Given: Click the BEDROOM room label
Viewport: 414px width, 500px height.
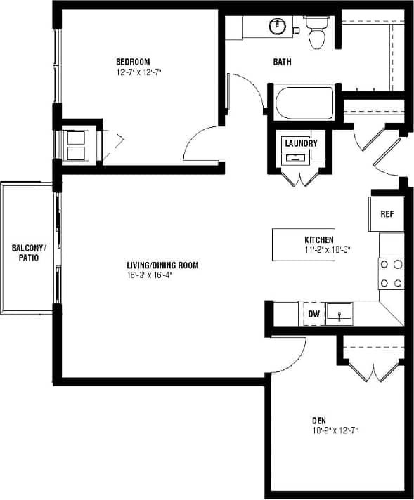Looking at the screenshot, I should (133, 62).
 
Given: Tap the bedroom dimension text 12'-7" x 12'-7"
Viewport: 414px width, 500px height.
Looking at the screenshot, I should (139, 72).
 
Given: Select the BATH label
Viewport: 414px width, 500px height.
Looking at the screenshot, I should (283, 62).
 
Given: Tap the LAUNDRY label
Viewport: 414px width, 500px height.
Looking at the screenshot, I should (300, 143).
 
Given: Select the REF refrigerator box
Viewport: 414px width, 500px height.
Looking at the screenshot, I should (386, 214).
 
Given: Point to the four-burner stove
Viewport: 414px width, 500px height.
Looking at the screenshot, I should (392, 274).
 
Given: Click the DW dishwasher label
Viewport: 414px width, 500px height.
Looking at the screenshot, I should (313, 314).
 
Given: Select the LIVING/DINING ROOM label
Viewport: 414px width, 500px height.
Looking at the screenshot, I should (162, 265).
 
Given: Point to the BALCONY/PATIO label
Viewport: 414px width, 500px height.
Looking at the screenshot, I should (29, 254).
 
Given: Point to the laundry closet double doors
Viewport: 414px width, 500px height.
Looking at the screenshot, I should (301, 180).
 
